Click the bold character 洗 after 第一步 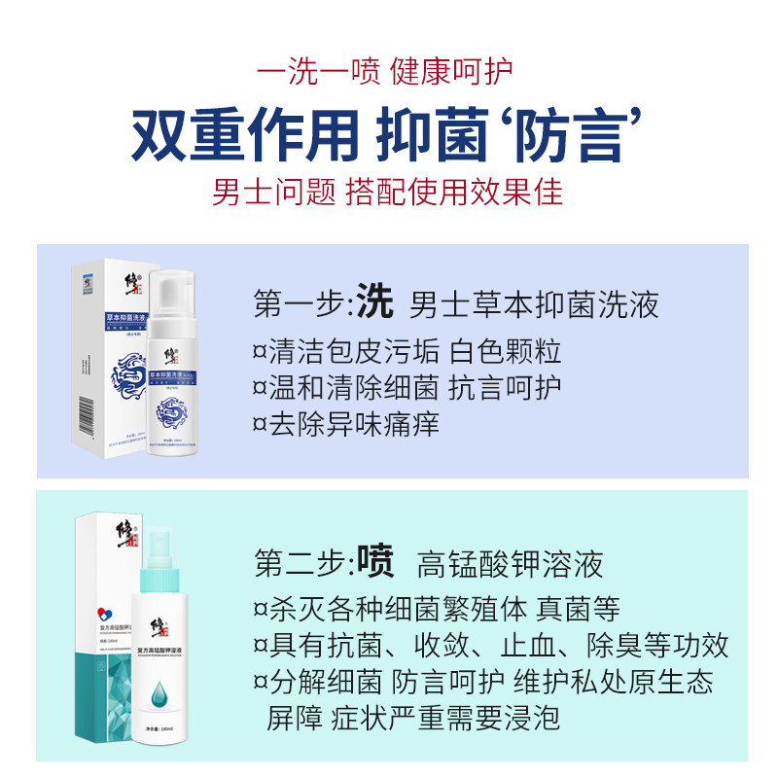[374, 303]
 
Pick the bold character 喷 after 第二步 [374, 561]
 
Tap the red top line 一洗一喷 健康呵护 [388, 71]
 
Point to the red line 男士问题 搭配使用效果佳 [388, 192]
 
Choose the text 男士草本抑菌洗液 [535, 305]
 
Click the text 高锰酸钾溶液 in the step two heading [511, 563]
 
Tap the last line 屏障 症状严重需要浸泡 [413, 719]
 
